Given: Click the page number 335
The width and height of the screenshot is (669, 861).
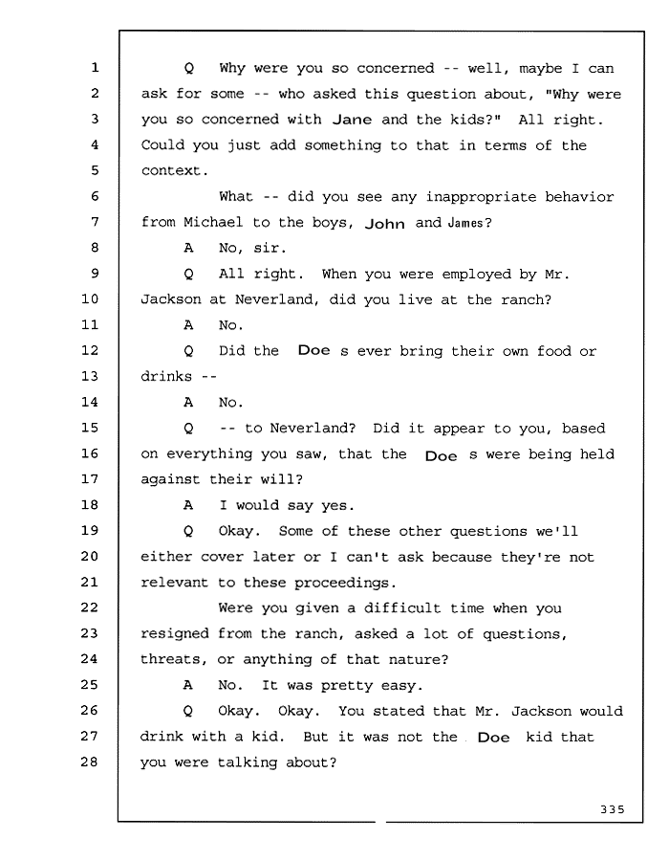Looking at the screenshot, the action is click(613, 809).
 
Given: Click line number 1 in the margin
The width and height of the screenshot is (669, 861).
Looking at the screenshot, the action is click(95, 68).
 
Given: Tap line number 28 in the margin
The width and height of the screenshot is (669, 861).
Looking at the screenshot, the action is click(90, 762).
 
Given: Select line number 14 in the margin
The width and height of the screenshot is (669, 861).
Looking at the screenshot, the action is click(90, 402).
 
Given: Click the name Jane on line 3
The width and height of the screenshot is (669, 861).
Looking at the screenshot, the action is click(352, 120).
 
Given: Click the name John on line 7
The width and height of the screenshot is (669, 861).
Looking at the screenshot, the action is click(385, 224).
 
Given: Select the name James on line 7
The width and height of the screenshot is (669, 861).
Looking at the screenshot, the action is click(465, 223).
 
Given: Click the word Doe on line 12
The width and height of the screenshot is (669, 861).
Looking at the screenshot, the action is click(314, 350).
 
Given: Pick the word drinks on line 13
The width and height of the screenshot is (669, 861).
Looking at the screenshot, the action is click(166, 377).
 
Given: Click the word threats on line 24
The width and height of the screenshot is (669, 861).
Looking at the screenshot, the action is click(170, 659).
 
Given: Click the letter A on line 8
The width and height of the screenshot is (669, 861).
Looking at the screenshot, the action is click(188, 248).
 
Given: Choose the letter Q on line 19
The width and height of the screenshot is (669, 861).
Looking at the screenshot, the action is click(188, 531).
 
